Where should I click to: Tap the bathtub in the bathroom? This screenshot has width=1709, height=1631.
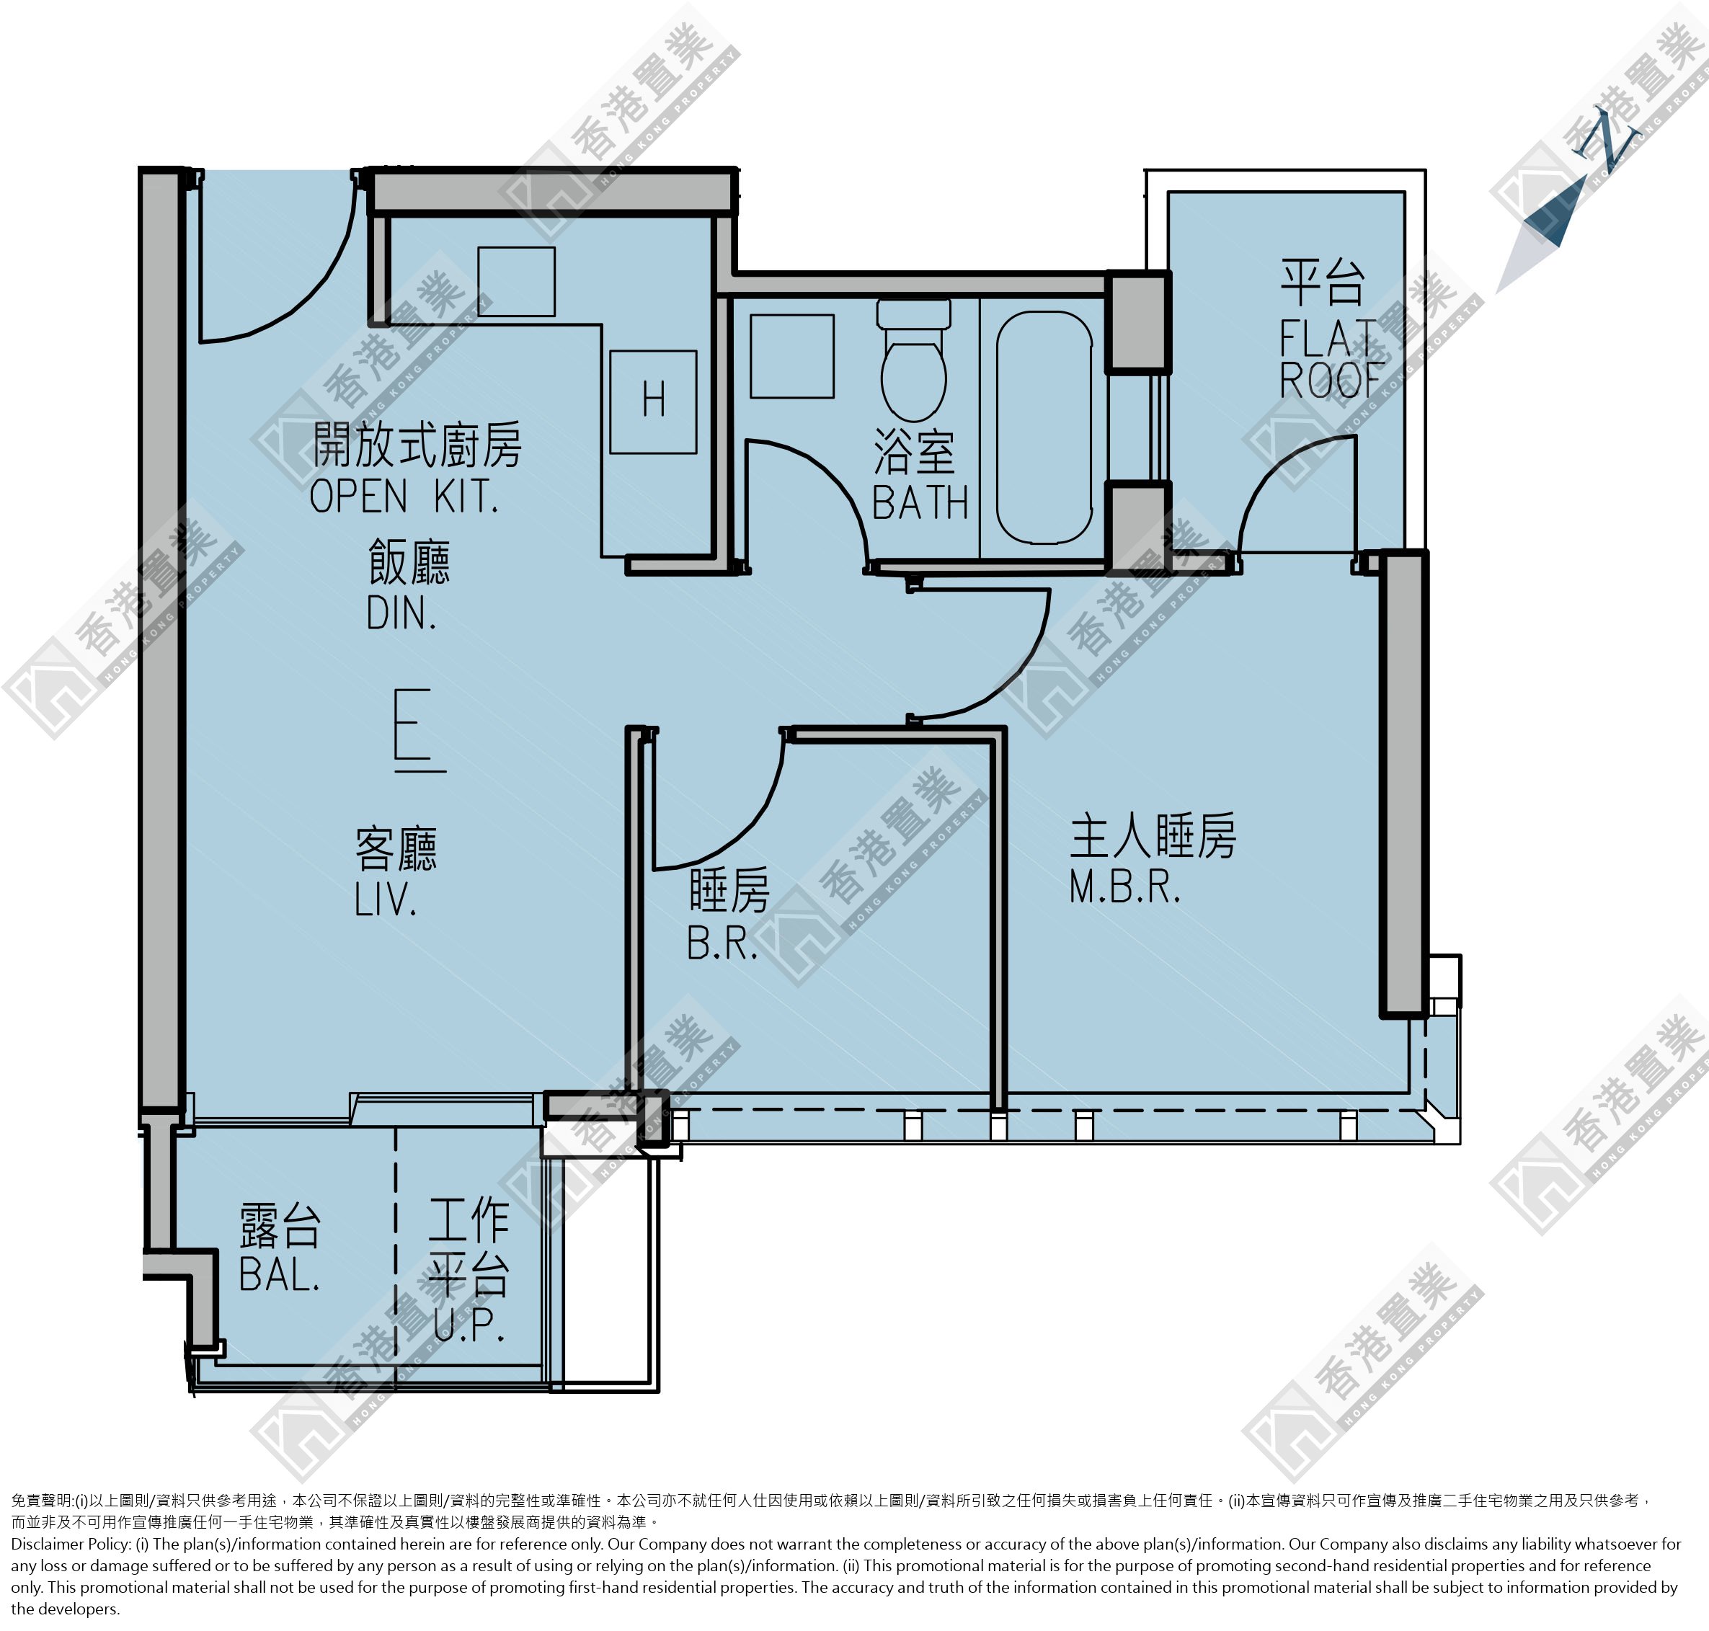pyautogui.click(x=1044, y=427)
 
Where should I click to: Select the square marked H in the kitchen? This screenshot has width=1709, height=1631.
pyautogui.click(x=653, y=401)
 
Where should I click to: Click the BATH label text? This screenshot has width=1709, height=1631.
pyautogui.click(x=920, y=502)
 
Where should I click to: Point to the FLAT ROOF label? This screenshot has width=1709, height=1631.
pyautogui.click(x=1330, y=359)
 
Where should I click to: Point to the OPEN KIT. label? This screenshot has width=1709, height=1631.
pyautogui.click(x=404, y=497)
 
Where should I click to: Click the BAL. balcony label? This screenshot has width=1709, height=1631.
pyautogui.click(x=279, y=1276)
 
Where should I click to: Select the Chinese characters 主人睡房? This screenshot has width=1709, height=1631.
pyautogui.click(x=1153, y=836)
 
